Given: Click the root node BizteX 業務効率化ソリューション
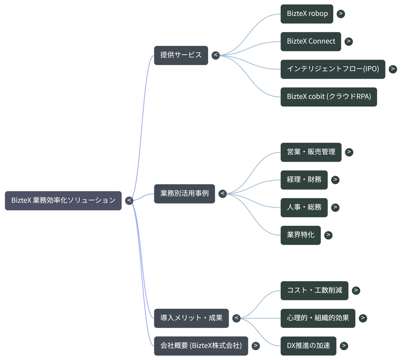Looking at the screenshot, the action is (63, 200).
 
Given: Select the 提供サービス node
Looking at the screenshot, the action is (181, 55).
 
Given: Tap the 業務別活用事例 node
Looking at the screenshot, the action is (185, 194).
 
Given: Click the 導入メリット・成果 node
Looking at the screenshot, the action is (191, 318).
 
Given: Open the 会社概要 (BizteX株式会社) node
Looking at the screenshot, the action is (201, 346).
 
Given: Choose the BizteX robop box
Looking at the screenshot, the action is (307, 14).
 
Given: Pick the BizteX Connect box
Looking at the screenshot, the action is (311, 41).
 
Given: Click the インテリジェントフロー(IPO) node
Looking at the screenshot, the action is (333, 69).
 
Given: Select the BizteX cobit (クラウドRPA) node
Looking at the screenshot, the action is (329, 97).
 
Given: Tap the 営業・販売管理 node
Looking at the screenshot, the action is (311, 152).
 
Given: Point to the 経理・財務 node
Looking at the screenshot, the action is (304, 180).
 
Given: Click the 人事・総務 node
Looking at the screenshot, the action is (304, 208).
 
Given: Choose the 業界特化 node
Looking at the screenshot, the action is (300, 235).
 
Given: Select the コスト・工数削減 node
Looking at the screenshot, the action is (314, 290).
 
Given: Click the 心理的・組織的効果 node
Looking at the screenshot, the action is (318, 318).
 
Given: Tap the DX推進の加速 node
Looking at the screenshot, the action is (308, 346).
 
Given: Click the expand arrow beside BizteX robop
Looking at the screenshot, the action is (341, 14).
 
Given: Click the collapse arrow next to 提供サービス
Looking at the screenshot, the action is (215, 55).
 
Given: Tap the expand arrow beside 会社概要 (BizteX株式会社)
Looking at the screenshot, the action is (256, 346).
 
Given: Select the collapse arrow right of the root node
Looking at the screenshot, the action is (129, 200).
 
